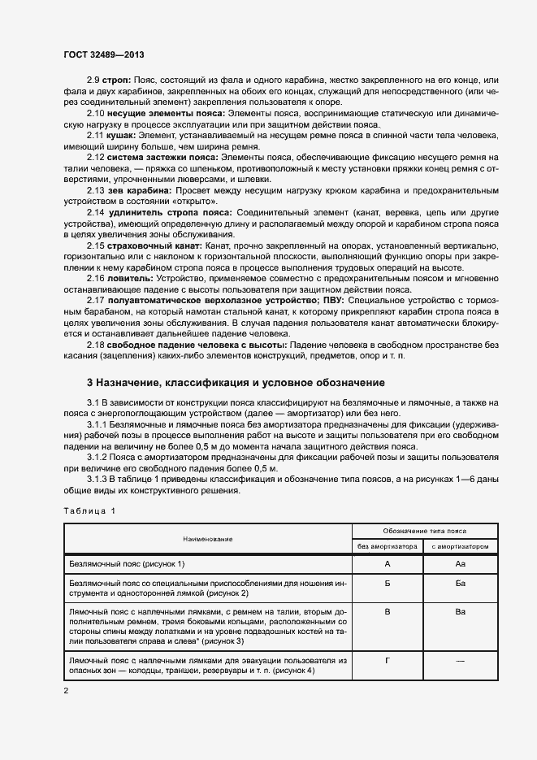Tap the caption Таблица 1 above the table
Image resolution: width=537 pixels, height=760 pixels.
pos(89,510)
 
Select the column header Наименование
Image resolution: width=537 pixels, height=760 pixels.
pos(207,538)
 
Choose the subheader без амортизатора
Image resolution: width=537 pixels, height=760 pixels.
pos(387,546)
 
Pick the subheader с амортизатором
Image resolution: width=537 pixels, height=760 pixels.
pos(460,546)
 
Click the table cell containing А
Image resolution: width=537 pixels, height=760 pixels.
pos(387,563)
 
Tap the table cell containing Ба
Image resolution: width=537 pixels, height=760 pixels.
pos(460,584)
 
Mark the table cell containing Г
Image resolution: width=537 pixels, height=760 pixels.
pos(387,660)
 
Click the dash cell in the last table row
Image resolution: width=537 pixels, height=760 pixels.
pos(460,660)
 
